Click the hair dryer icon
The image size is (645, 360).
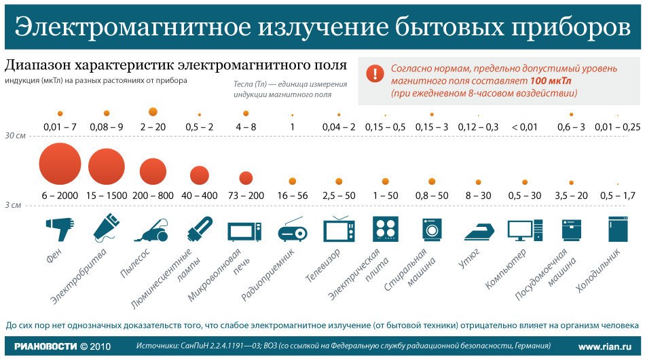pos(59,228)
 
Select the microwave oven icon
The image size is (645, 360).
pos(244,231)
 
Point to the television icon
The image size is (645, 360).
pos(338,230)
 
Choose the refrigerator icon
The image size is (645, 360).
pos(617,229)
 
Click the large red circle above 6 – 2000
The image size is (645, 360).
pos(60,165)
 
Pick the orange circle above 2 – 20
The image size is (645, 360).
pos(153,111)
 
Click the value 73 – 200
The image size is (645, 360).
pos(246,196)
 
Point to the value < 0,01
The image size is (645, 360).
pos(524,127)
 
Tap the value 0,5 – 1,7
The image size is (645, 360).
pos(617,196)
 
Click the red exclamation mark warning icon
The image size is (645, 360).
pos(374,73)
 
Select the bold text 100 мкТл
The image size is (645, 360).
pos(551,81)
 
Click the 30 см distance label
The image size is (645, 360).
pos(15,136)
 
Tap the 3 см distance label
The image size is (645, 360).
pos(13,204)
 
